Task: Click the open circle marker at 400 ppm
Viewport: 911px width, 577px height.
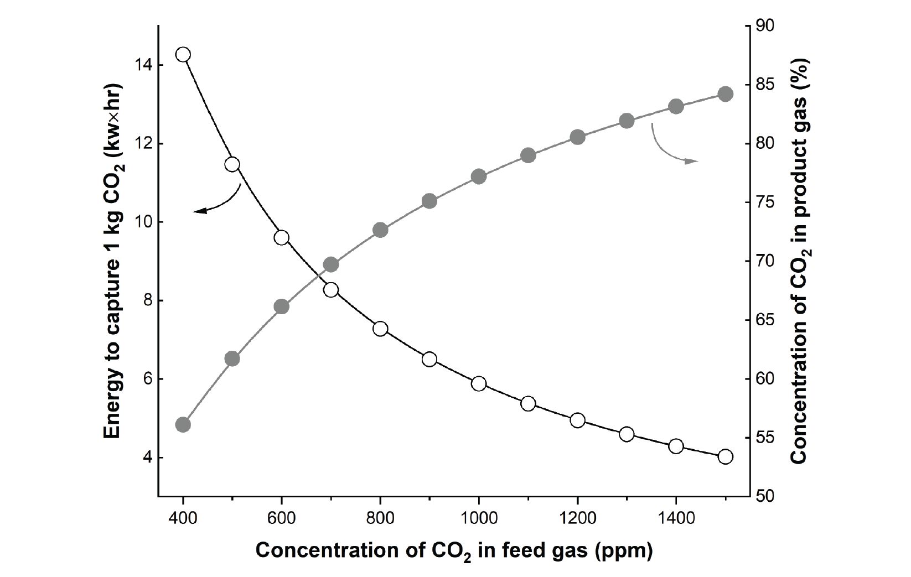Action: point(183,54)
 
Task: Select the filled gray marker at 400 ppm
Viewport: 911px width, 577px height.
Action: point(183,425)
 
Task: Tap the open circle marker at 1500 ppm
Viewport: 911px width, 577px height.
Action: point(726,456)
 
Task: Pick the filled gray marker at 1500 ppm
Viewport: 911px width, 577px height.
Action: point(726,94)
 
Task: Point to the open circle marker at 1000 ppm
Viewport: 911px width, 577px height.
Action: point(479,384)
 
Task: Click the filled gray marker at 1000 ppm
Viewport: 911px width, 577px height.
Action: point(479,177)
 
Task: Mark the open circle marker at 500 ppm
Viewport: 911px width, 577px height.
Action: point(232,164)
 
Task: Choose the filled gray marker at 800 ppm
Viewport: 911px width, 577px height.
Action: point(380,230)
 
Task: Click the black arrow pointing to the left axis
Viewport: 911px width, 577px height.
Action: point(216,201)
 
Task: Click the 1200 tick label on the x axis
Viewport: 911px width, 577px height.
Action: point(577,518)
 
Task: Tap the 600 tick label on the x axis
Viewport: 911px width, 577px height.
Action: point(281,518)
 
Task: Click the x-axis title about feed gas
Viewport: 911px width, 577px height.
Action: point(454,552)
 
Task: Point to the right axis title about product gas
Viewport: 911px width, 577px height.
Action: point(800,261)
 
